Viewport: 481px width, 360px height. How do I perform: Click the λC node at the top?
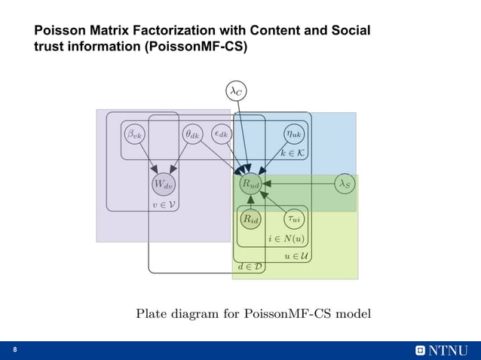click(236, 91)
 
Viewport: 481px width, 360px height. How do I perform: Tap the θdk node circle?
click(192, 135)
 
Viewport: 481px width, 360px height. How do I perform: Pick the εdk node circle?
click(221, 135)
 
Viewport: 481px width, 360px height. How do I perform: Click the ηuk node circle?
click(293, 135)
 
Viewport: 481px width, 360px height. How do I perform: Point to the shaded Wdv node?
click(164, 183)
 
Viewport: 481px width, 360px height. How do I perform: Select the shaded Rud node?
click(250, 183)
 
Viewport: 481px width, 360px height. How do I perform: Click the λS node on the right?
click(344, 183)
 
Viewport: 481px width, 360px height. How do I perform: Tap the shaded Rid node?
click(250, 219)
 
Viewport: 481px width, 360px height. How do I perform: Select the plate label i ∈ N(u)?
click(287, 239)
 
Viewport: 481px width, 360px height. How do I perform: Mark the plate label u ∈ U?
click(296, 255)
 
